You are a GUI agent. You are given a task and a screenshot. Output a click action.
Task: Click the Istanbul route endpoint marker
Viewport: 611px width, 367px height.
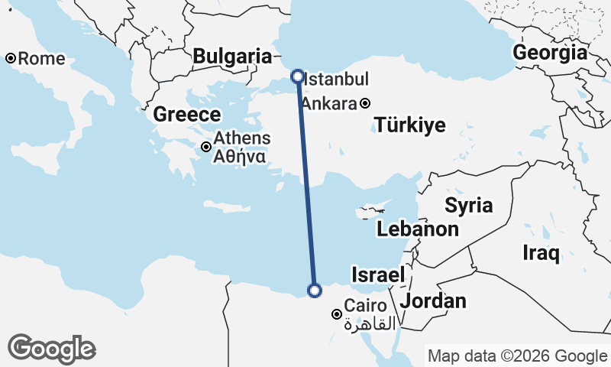pyautogui.click(x=297, y=76)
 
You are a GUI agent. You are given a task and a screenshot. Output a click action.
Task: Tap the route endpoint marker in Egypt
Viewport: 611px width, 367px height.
pyautogui.click(x=314, y=289)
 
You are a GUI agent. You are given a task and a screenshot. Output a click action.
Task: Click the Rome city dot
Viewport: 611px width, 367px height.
pyautogui.click(x=11, y=58)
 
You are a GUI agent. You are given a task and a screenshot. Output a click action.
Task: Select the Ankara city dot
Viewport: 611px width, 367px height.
pyautogui.click(x=366, y=103)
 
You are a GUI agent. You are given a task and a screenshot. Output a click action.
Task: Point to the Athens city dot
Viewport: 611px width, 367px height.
pyautogui.click(x=205, y=146)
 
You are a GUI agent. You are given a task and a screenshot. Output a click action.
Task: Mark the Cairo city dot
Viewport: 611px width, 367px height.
pyautogui.click(x=336, y=313)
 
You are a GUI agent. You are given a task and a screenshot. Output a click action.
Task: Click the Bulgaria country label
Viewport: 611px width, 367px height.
pyautogui.click(x=232, y=56)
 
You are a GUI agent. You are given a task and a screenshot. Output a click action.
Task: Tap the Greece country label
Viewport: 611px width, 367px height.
pyautogui.click(x=187, y=115)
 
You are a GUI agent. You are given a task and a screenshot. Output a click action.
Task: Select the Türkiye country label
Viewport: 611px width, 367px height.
pyautogui.click(x=409, y=126)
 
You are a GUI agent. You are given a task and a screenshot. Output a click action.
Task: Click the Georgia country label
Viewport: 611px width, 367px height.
pyautogui.click(x=550, y=53)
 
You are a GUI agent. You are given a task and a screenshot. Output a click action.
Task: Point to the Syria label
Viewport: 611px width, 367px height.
pyautogui.click(x=469, y=205)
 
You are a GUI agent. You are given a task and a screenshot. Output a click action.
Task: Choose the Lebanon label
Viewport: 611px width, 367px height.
pyautogui.click(x=418, y=229)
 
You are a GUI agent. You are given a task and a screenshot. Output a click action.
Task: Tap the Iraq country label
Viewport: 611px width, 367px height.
pyautogui.click(x=541, y=252)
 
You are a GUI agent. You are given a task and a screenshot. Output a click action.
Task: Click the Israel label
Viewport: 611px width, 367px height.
pyautogui.click(x=377, y=274)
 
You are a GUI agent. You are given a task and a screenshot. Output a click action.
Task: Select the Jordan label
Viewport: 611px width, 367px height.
pyautogui.click(x=433, y=300)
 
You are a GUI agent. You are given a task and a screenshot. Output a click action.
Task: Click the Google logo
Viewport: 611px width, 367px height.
pyautogui.click(x=51, y=349)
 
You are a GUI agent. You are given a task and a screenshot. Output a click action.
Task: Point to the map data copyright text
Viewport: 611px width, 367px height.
pyautogui.click(x=517, y=356)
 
